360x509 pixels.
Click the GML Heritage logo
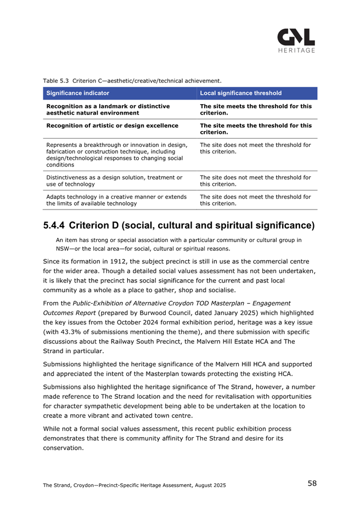tap(296, 40)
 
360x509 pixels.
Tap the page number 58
tap(312, 483)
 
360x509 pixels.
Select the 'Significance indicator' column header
tap(78, 93)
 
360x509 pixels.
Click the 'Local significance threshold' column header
tap(241, 93)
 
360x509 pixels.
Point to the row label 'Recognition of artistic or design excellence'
tap(113, 126)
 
